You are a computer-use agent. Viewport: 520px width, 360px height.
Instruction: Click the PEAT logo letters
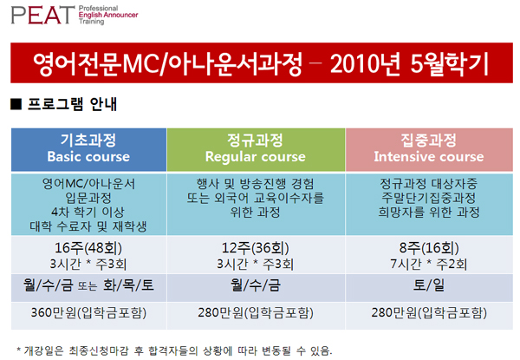pos(42,16)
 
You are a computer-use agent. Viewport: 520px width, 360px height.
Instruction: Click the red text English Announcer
pos(108,15)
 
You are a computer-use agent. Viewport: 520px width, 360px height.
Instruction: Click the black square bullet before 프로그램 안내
pos(16,104)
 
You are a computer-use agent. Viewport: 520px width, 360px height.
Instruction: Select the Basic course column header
pos(88,150)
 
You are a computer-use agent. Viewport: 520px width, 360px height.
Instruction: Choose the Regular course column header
pos(256,150)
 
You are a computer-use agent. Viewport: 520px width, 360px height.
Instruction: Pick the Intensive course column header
pos(429,150)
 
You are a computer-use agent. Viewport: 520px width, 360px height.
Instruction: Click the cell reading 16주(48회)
pos(88,248)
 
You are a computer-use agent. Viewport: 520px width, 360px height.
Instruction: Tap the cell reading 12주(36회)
pos(256,248)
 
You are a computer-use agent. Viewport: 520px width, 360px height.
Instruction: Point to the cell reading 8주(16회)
pos(429,248)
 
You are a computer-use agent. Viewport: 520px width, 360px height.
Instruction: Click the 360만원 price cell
pos(88,312)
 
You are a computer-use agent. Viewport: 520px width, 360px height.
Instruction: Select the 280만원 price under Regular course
pos(256,312)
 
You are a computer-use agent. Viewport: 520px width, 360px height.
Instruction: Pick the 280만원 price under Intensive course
pos(429,312)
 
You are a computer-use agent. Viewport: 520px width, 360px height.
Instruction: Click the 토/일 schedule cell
pos(429,285)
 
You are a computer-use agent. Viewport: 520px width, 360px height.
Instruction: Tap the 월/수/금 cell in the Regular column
pos(256,285)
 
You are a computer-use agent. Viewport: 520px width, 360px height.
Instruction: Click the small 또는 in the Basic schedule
pos(88,286)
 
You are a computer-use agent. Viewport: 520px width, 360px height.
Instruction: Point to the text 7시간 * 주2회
pos(429,264)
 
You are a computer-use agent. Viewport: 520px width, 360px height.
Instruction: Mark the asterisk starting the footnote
pos(19,349)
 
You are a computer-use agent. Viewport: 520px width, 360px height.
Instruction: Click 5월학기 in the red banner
pos(450,63)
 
